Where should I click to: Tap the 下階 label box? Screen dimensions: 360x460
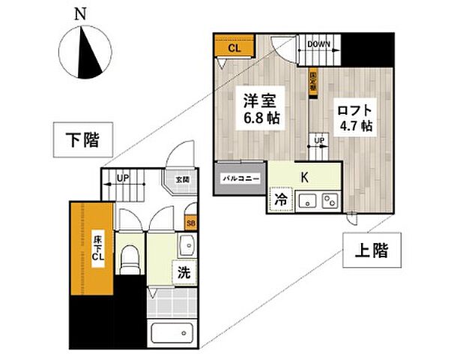pos(83,140)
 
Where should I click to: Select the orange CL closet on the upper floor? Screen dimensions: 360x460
pos(234,48)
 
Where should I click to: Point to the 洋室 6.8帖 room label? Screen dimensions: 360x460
pos(258,109)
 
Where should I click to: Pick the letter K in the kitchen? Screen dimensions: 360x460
pos(305,178)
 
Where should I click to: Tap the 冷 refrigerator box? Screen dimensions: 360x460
pos(279,201)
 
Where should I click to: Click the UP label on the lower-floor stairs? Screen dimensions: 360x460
pos(122,179)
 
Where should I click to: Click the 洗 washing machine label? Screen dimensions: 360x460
pos(183,273)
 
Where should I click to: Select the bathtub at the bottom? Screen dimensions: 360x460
pos(171,332)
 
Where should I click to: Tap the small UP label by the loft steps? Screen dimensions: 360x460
pos(319,141)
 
